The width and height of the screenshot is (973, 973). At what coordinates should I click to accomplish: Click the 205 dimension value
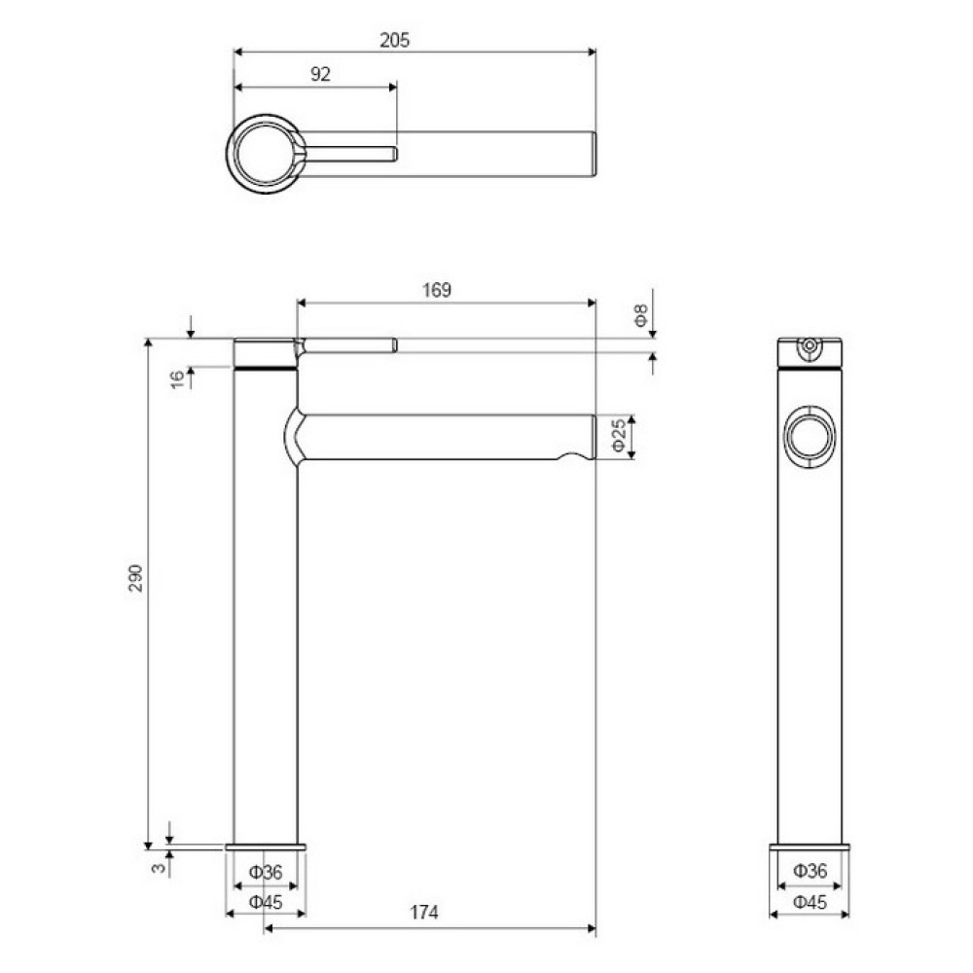coord(395,40)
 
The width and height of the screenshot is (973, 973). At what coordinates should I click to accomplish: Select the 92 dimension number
coord(320,75)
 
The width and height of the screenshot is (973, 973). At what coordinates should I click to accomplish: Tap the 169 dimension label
coord(437,290)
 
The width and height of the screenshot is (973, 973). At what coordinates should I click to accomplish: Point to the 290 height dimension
coord(136,578)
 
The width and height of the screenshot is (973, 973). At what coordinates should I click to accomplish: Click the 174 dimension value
coord(424,913)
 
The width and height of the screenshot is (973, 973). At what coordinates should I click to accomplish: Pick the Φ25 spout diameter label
coord(619,436)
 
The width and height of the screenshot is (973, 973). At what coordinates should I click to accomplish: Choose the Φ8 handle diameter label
coord(641,315)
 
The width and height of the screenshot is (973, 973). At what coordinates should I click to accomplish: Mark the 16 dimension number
coord(177,379)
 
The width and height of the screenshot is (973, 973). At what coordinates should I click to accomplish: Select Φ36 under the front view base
coord(266,873)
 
